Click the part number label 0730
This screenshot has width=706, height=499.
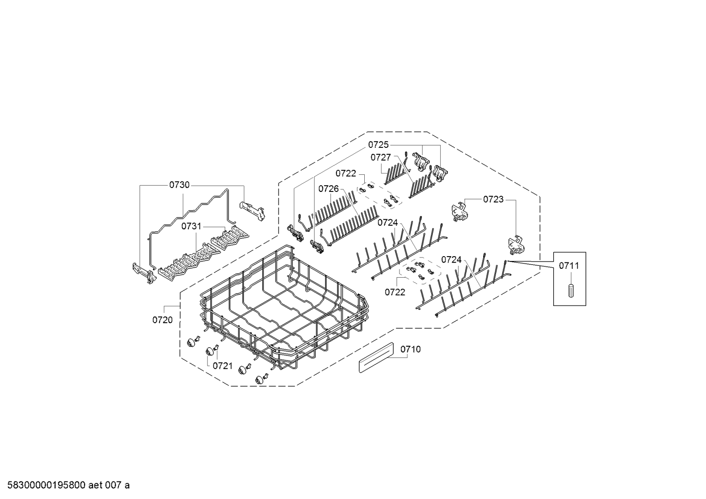[x=179, y=185]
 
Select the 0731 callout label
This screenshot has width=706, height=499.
[x=191, y=226]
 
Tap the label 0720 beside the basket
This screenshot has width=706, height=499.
[x=162, y=320]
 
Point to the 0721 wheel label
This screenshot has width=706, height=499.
[x=222, y=365]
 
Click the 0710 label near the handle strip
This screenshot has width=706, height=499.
[x=410, y=349]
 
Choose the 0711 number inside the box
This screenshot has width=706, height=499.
[x=569, y=265]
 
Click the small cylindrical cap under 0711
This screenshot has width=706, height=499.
[x=570, y=289]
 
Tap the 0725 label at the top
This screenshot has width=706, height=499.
[x=378, y=144]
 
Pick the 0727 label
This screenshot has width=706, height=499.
[x=380, y=157]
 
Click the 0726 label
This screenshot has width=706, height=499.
[x=329, y=189]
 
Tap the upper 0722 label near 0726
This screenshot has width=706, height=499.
[x=346, y=173]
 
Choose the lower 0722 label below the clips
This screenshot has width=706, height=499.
[x=395, y=292]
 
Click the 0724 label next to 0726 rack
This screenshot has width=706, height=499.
[x=387, y=222]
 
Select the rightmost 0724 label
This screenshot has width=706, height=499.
[x=451, y=260]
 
